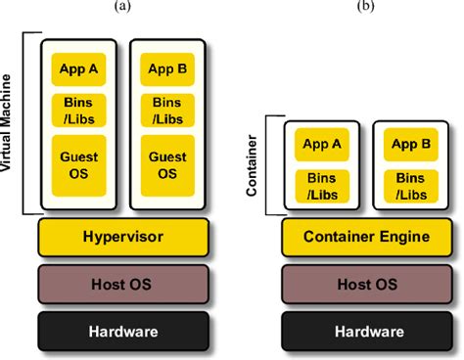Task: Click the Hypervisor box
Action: pyautogui.click(x=123, y=237)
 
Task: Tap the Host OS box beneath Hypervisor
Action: pyautogui.click(x=123, y=285)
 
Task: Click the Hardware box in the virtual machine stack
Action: pyautogui.click(x=123, y=332)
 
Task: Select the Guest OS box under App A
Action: pyautogui.click(x=77, y=164)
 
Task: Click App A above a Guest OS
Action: pyautogui.click(x=77, y=69)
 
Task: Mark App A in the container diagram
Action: pyautogui.click(x=322, y=145)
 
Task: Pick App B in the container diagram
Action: pyautogui.click(x=411, y=145)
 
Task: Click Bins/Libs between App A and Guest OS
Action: pyautogui.click(x=77, y=110)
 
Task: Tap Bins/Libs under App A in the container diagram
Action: pyautogui.click(x=322, y=186)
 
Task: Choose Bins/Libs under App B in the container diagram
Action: pyautogui.click(x=411, y=186)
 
